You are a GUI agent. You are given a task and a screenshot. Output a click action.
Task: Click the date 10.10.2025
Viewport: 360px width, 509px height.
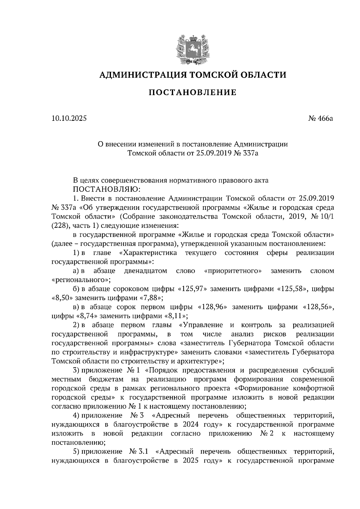69,118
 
